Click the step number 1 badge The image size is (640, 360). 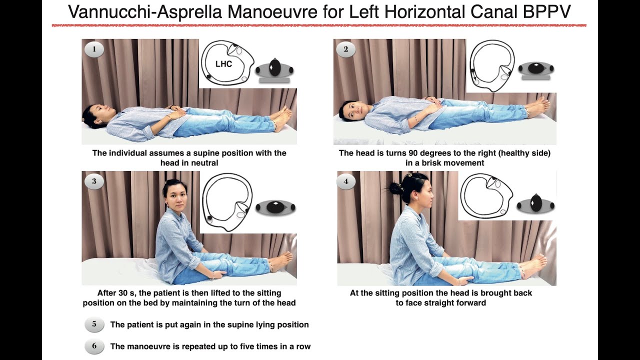[94, 49]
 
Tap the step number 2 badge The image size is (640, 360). [346, 49]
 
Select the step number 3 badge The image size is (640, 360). [94, 181]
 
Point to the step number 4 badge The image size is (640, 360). [346, 181]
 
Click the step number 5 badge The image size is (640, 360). [94, 324]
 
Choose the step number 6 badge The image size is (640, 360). [94, 346]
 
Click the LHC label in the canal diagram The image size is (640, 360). [223, 64]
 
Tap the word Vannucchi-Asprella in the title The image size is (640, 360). [145, 12]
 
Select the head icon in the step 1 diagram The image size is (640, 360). [274, 68]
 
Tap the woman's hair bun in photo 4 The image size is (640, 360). [395, 188]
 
